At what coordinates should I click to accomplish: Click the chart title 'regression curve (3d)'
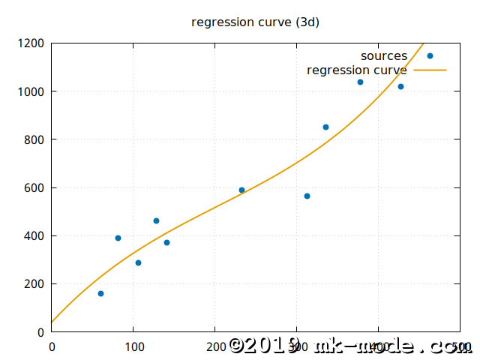[x=255, y=22]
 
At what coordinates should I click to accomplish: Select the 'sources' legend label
[x=383, y=56]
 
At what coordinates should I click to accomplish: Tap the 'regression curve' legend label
[x=357, y=70]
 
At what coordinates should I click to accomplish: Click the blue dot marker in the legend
[x=430, y=56]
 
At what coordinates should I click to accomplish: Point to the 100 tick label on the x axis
[x=133, y=347]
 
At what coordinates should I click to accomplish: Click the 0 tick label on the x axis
[x=52, y=347]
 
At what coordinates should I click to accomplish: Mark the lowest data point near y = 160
[x=100, y=293]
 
